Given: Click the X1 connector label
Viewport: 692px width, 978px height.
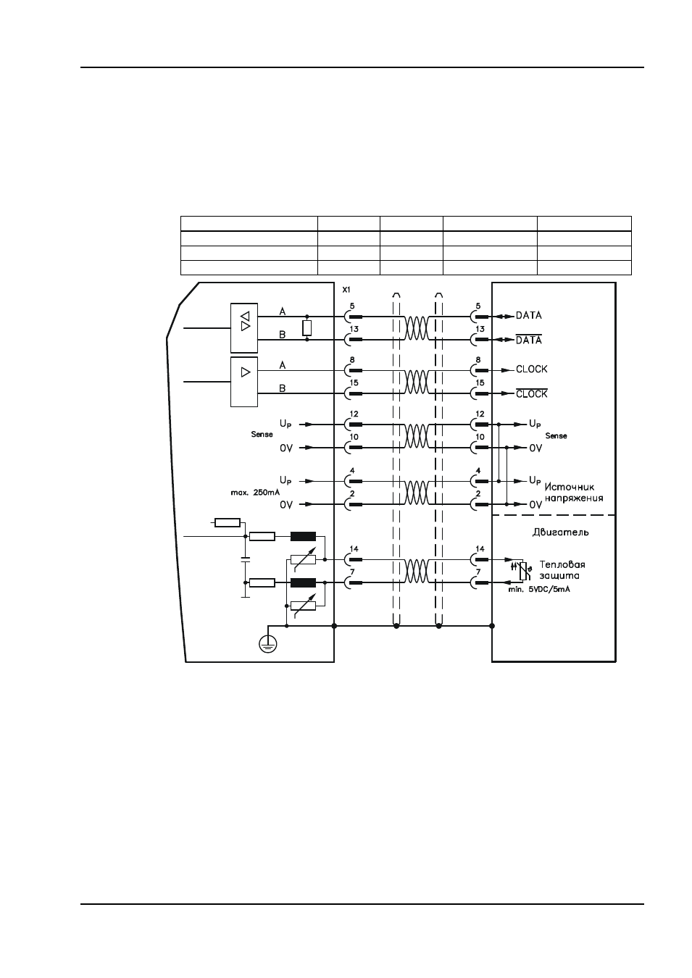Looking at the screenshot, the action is (x=346, y=290).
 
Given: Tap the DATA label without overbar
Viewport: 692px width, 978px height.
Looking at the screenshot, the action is (x=528, y=315).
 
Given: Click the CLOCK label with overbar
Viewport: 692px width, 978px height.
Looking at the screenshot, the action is (x=531, y=393).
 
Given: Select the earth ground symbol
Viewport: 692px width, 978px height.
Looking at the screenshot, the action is (x=267, y=644).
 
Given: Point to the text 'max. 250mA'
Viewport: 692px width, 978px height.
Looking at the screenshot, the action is (x=255, y=493).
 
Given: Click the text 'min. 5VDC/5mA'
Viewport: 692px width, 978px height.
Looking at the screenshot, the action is (x=539, y=590).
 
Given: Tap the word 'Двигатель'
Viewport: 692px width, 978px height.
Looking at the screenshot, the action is (x=560, y=532).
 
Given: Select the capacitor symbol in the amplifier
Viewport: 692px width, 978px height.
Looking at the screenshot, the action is (x=246, y=560).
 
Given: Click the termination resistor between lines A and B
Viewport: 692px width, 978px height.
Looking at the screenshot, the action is (x=307, y=328).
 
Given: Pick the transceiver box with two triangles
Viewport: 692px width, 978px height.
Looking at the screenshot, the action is (x=244, y=328).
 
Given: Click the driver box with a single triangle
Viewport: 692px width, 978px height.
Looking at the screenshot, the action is (x=244, y=382).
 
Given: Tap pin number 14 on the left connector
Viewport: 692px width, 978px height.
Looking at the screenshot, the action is (x=354, y=549).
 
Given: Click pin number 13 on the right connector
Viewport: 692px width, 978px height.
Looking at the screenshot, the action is (x=480, y=329).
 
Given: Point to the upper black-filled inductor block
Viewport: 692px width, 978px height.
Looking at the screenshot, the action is (x=303, y=537).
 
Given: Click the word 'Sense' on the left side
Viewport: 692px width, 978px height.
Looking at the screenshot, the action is (x=262, y=434).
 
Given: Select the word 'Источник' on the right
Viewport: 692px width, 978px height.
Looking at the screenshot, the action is (x=570, y=487).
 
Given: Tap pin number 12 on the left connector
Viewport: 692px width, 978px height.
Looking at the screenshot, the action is (x=354, y=414).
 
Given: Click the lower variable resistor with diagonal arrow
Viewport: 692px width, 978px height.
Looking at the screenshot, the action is (x=303, y=606).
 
